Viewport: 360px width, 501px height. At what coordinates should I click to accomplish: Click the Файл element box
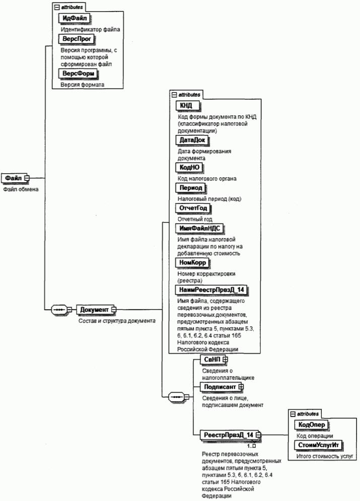coord(15,178)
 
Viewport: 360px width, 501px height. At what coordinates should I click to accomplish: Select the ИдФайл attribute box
coord(74,19)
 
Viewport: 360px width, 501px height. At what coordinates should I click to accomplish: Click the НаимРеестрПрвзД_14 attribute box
coord(213,290)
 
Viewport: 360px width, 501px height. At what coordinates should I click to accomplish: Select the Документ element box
coord(94,309)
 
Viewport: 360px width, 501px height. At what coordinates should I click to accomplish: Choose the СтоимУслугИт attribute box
coord(318,445)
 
